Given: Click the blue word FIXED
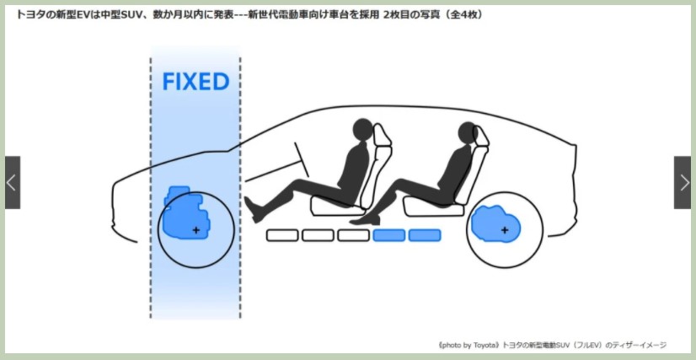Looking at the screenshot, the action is [195, 82].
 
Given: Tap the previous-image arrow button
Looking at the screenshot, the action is [13, 182].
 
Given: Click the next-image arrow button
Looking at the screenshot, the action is [683, 182].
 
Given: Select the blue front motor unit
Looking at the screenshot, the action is [185, 213].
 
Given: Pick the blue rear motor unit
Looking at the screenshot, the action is [495, 224].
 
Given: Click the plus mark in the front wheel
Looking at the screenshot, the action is [195, 230].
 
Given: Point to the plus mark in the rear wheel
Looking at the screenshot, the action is [505, 230].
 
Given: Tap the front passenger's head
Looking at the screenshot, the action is [362, 130].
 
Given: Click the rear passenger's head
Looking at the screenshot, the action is [468, 132].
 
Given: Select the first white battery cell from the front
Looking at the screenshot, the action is [282, 235].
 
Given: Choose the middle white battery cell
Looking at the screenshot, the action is [318, 235].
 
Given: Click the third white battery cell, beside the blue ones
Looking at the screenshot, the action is [353, 235].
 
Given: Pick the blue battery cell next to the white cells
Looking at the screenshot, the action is [388, 235].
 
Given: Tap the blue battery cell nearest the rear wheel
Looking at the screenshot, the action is [425, 235].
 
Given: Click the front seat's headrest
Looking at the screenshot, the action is [383, 137].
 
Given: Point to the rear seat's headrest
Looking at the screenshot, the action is [481, 137].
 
